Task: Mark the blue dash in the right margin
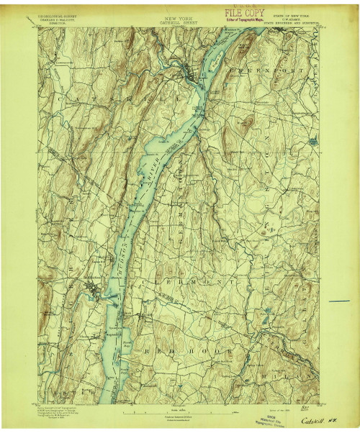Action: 339,300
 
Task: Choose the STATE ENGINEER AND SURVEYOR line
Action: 293,22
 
